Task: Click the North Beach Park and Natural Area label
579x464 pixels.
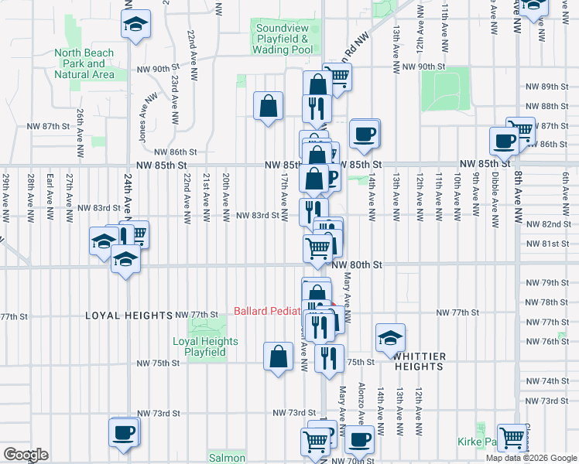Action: [x=84, y=64]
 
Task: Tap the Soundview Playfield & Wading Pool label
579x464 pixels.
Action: [x=283, y=39]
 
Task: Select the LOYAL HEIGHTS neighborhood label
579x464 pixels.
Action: [x=128, y=316]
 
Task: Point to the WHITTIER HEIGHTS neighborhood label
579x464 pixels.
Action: [x=420, y=361]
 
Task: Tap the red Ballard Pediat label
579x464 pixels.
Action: [x=271, y=312]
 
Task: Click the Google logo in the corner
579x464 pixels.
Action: [x=25, y=455]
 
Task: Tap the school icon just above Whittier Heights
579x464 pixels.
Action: [x=390, y=336]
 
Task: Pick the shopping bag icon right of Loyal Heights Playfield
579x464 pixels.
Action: [x=278, y=357]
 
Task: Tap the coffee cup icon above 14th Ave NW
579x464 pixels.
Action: [x=364, y=134]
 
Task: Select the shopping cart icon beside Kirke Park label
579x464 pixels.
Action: [x=512, y=437]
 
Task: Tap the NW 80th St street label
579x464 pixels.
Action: [x=357, y=264]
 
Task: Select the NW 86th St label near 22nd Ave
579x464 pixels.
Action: [x=171, y=152]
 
